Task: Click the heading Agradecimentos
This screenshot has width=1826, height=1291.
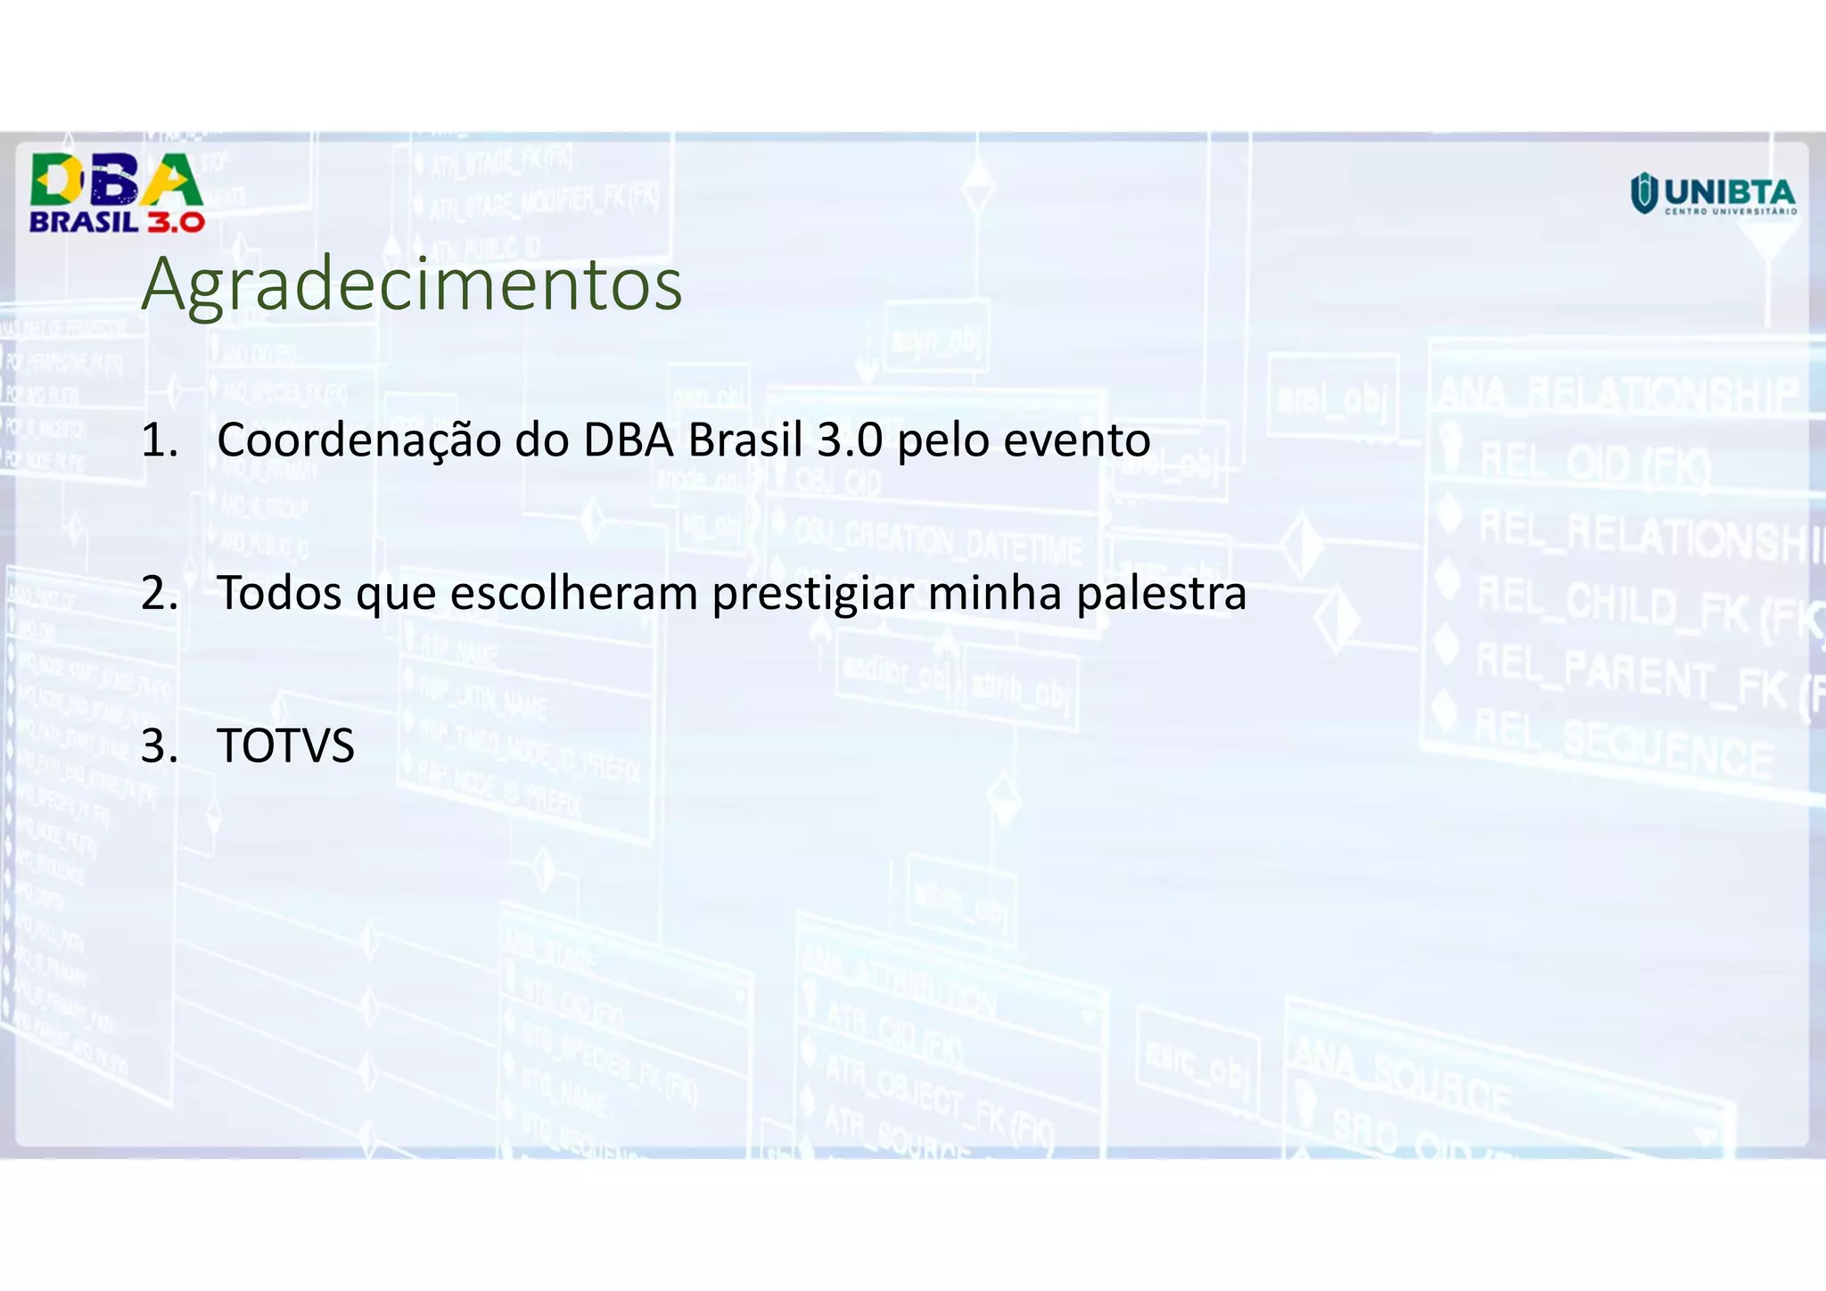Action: pyautogui.click(x=411, y=285)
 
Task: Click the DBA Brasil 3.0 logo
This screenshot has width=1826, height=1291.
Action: pyautogui.click(x=117, y=193)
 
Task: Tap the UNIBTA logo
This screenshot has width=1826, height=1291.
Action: pyautogui.click(x=1713, y=194)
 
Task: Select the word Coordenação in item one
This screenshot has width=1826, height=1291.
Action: pyautogui.click(x=358, y=440)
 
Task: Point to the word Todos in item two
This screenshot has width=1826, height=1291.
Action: pyautogui.click(x=279, y=593)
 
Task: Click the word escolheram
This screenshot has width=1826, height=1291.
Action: pyautogui.click(x=573, y=593)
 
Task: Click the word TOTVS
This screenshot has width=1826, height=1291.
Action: pyautogui.click(x=285, y=746)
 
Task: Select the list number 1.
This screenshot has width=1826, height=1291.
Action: pyautogui.click(x=159, y=440)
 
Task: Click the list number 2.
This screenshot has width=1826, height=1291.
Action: pyautogui.click(x=159, y=594)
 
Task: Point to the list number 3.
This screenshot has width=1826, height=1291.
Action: pyautogui.click(x=159, y=747)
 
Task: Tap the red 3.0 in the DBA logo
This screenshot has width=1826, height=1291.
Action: pyautogui.click(x=176, y=222)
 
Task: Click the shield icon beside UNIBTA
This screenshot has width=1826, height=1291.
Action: pyautogui.click(x=1643, y=193)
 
